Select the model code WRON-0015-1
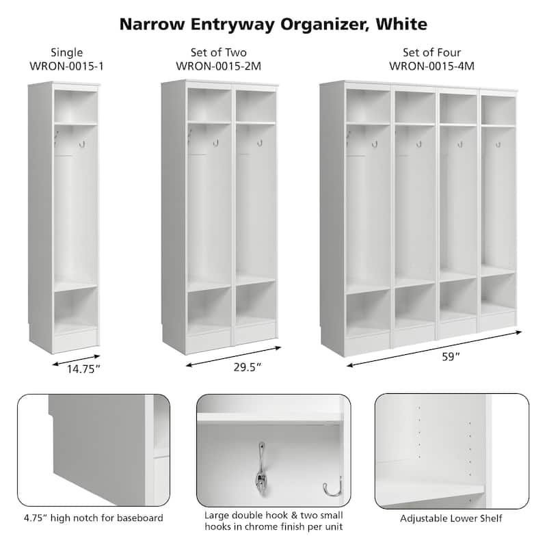(x=67, y=66)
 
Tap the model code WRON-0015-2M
(x=218, y=66)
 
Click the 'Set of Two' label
(x=218, y=53)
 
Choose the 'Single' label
(x=67, y=53)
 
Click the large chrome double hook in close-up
(x=262, y=465)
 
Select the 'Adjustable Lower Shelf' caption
(x=451, y=518)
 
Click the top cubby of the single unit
(x=75, y=106)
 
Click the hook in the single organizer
(x=81, y=144)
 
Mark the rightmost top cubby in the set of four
(x=498, y=109)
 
